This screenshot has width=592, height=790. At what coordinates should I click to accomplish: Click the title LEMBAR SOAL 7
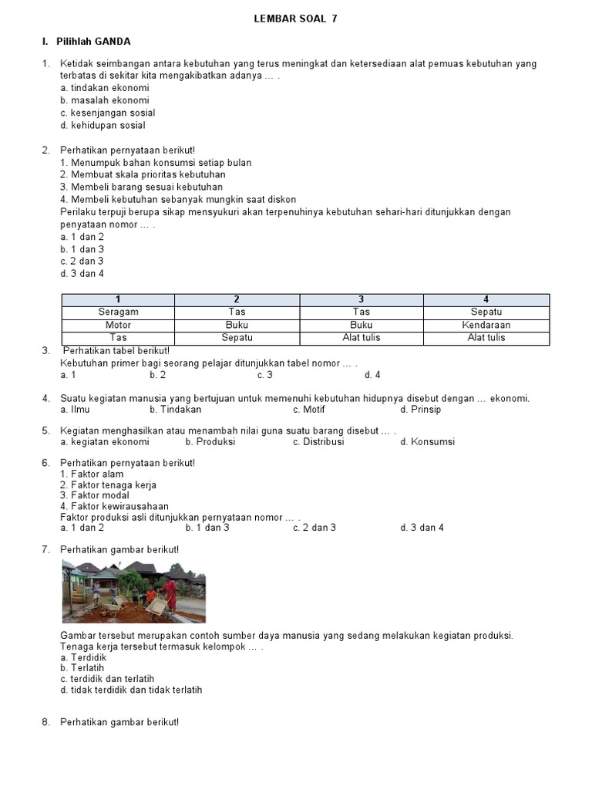point(295,19)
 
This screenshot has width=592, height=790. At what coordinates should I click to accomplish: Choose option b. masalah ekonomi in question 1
point(105,100)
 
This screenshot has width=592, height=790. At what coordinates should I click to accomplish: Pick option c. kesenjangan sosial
point(107,113)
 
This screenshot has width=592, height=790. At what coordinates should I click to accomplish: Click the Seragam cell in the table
point(118,312)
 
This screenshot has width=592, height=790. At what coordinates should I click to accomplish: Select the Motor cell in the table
point(118,325)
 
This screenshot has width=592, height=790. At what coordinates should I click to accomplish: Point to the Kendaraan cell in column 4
point(486,325)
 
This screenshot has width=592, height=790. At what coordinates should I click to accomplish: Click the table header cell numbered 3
point(361,299)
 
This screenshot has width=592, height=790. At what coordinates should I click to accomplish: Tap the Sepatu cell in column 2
point(237,338)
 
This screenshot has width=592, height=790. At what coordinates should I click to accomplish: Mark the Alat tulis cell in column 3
point(361,338)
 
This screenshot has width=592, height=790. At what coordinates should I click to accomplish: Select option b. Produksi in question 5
point(210,442)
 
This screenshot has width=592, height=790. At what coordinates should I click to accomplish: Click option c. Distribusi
point(318,442)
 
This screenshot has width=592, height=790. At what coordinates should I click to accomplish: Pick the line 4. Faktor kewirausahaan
point(114,506)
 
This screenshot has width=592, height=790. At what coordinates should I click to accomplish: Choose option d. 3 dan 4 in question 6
point(422,528)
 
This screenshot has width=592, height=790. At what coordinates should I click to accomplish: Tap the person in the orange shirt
point(151,597)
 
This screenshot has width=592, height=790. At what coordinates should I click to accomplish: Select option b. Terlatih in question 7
point(82,668)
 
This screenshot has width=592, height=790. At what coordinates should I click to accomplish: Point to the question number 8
point(45,722)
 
